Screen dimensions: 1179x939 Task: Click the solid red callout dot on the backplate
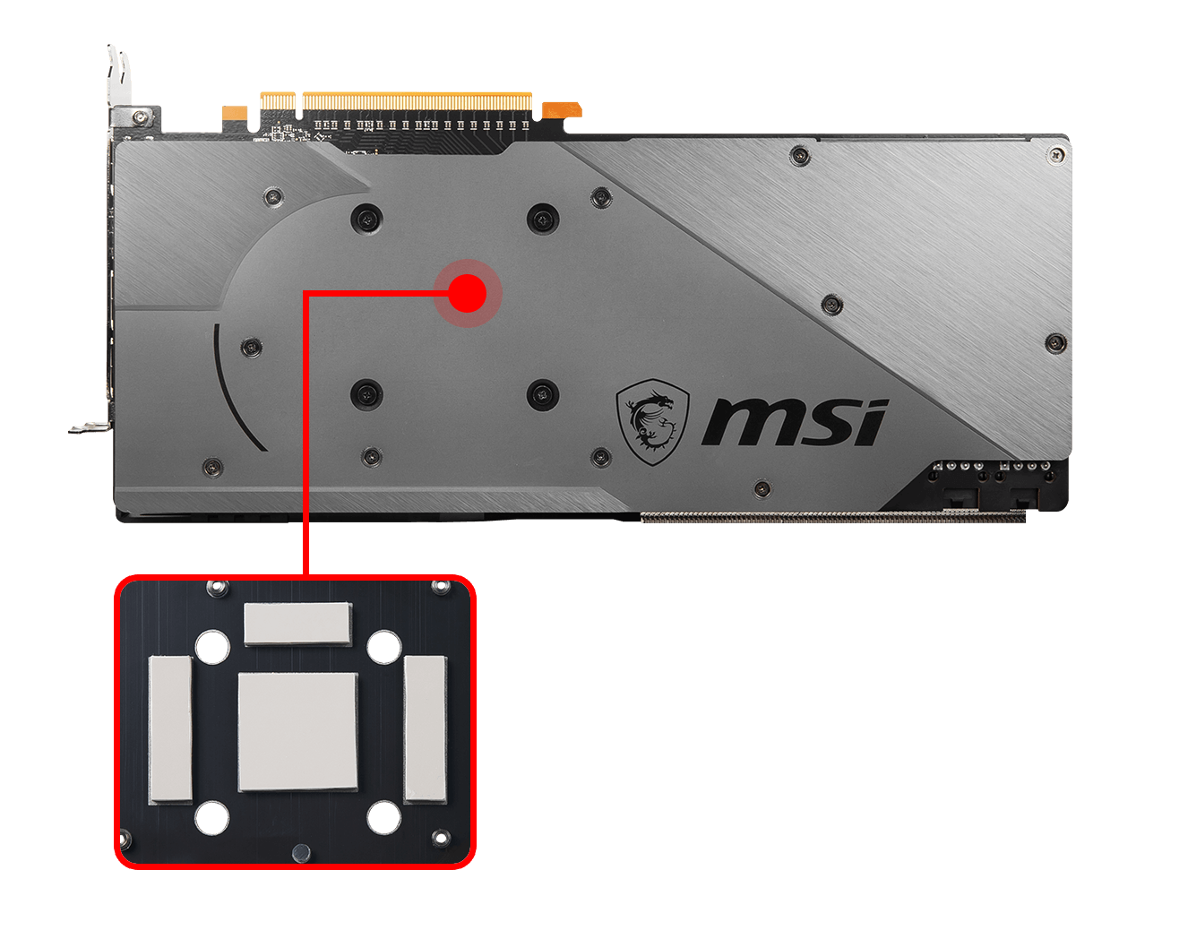coord(468,294)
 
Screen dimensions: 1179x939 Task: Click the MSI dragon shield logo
coord(652,422)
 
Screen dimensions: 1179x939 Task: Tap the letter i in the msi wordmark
coord(869,421)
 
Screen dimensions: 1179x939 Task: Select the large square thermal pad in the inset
coord(298,732)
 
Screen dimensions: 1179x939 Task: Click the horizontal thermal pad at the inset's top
coord(298,624)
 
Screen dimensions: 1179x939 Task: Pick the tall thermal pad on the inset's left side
coord(170,729)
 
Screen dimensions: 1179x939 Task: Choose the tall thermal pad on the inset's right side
coord(426,729)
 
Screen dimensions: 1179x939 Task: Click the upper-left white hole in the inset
coord(212,647)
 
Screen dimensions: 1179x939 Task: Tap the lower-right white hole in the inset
coord(384,818)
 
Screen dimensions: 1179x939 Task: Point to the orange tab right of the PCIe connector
coord(562,110)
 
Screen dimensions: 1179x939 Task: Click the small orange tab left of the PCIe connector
coord(235,113)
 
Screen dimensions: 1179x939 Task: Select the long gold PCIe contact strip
coord(417,101)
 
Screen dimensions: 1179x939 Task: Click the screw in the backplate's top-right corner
coord(1057,155)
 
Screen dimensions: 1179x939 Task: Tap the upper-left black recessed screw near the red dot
coord(366,220)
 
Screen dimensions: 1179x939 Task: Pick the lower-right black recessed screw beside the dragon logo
coord(542,394)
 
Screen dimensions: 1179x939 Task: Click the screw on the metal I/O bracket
coord(141,116)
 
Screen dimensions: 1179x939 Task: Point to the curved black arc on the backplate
coord(230,392)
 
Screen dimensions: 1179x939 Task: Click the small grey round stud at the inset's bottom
coord(301,852)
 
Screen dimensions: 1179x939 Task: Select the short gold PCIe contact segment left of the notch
coord(278,101)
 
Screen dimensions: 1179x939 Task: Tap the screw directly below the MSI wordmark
coord(762,487)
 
